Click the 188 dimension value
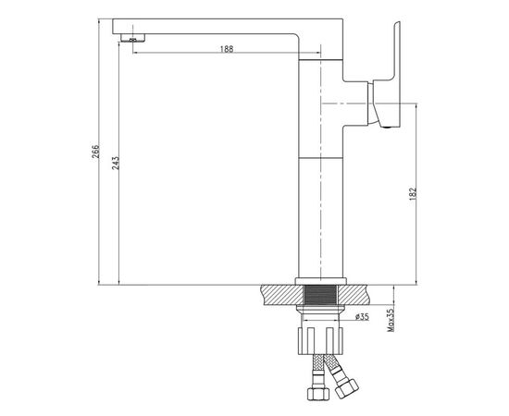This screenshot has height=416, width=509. coord(227,49)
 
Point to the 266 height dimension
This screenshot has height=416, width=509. coord(95,151)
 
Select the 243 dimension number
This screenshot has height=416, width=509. coord(116,163)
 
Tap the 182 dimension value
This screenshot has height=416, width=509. coord(413,194)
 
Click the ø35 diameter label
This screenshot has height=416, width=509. coord(362,316)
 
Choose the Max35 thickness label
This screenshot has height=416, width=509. coord(391,320)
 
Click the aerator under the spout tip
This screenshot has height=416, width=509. coord(132,38)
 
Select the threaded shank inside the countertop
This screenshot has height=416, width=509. coord(320,295)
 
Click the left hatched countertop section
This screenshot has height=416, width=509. coord(283,295)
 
